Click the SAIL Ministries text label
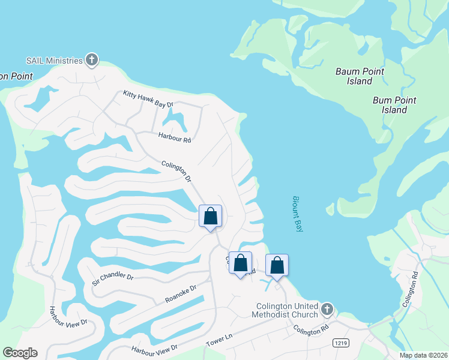[x=54, y=61]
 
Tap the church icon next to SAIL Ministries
[x=92, y=60]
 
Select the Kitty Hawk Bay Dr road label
[x=148, y=99]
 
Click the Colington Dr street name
[x=176, y=171]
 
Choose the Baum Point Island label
[x=360, y=76]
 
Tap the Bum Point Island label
[x=394, y=105]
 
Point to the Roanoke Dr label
[x=181, y=295]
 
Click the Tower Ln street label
[x=219, y=339]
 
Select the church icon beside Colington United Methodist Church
[x=327, y=310]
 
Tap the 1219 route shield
[x=340, y=341]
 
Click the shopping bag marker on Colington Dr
[x=210, y=216]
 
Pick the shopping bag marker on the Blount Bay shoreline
[x=277, y=265]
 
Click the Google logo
[x=20, y=352]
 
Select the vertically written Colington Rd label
[x=410, y=290]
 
